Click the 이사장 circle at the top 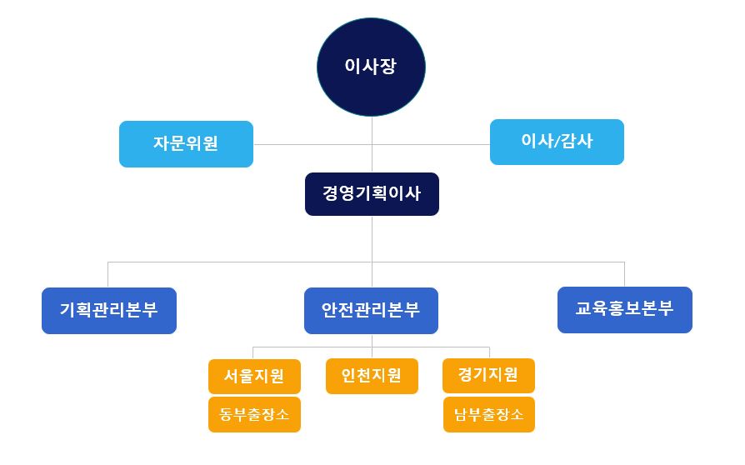point(371,67)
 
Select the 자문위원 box point(187,144)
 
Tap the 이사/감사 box point(557,142)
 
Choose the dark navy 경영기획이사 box point(372,194)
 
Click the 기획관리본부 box point(109,311)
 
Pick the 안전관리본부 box point(371,311)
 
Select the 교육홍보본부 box point(625,310)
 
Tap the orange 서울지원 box point(255,376)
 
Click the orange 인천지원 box point(372,376)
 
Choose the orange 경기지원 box point(488,376)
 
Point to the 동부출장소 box point(255,415)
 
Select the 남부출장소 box point(489,415)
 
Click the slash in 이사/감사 point(557,141)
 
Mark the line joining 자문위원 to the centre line point(312,144)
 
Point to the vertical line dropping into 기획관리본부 point(107,274)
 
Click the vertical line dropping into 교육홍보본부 point(624,274)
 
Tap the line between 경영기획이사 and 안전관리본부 point(372,252)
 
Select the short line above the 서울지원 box point(252,352)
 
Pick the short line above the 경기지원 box point(489,352)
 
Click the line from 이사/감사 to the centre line point(431,144)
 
